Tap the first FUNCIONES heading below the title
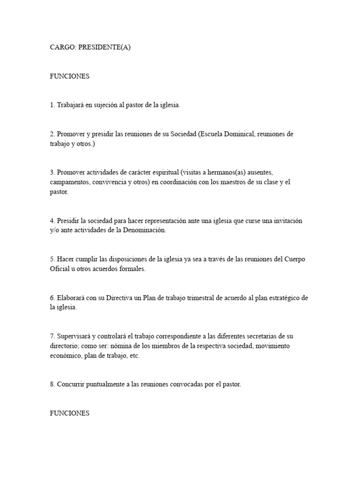click(x=69, y=76)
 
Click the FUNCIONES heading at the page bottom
click(x=69, y=413)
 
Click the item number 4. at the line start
click(x=52, y=220)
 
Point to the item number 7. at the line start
click(x=52, y=336)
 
